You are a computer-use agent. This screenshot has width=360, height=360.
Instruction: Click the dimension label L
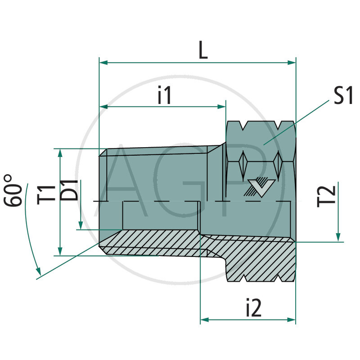(203, 50)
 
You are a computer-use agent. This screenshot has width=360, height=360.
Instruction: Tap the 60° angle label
(14, 190)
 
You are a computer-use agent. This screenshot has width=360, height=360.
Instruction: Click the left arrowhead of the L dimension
(103, 62)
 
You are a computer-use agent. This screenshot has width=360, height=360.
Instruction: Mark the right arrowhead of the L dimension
(292, 62)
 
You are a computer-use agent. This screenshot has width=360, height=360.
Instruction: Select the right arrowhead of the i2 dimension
(292, 320)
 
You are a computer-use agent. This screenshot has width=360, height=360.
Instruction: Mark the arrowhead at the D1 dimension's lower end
(81, 226)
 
